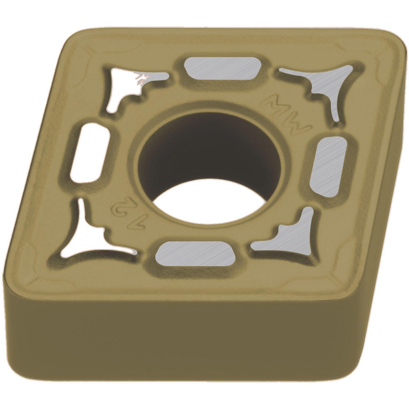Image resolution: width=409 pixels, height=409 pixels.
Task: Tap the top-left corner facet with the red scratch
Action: (x=131, y=82)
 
